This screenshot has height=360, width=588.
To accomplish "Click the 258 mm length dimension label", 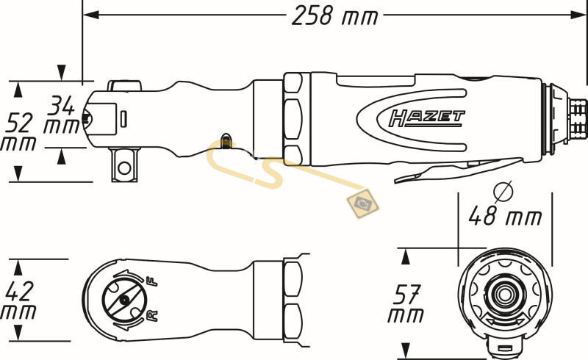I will point(334,16).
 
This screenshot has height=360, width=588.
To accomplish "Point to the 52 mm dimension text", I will point(19,130).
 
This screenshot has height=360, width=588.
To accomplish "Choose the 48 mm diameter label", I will point(506,216).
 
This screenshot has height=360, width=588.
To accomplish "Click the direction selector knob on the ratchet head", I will point(123,299).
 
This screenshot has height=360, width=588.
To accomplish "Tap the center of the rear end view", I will point(503,294).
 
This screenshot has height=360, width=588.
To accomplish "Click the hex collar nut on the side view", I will point(294,118).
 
